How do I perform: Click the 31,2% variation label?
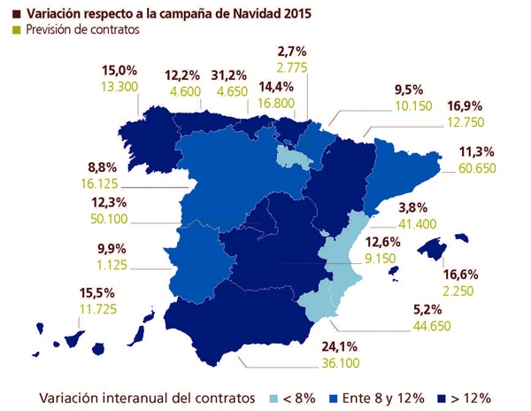pos(228,75)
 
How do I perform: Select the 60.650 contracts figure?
pos(477,168)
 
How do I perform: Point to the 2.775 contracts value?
pos(292,67)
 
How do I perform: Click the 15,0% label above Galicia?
pos(119,71)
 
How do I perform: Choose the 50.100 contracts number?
pos(109,219)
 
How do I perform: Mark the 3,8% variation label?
pos(412,207)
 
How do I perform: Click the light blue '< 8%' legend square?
pos(273,399)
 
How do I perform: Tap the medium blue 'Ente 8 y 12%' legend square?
pos(334,399)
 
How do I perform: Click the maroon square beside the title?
pos(17,14)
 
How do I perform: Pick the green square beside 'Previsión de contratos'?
pos(17,30)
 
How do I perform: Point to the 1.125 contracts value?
pos(112,265)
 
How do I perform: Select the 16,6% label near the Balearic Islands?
pos(460,275)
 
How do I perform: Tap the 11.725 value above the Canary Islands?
pos(98,308)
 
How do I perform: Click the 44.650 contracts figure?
pos(432,326)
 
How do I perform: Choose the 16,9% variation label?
pos(465,106)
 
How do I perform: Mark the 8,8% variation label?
pos(103,167)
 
